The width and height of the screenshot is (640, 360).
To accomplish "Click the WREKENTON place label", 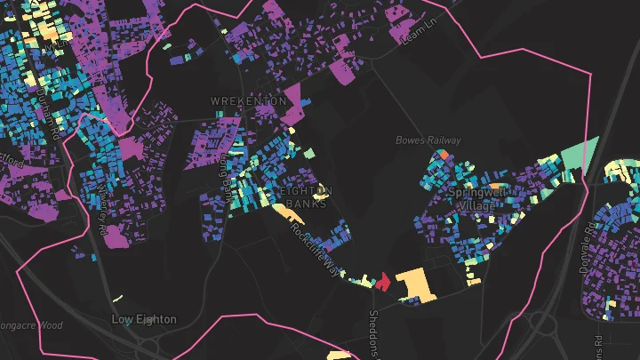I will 248,102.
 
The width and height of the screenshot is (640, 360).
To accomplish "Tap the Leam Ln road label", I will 420,31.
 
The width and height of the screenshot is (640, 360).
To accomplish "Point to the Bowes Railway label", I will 428,140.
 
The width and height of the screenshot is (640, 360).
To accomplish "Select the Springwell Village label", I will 478,198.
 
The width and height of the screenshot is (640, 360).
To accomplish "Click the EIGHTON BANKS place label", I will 304,197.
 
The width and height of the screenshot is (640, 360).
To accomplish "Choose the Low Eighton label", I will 144,318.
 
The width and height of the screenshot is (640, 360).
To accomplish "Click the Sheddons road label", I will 374,334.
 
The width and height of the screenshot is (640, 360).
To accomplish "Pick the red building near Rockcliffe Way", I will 383,283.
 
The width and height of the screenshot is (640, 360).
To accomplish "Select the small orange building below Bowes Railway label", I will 444,154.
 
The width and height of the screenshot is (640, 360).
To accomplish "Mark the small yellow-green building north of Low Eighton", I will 119,298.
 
